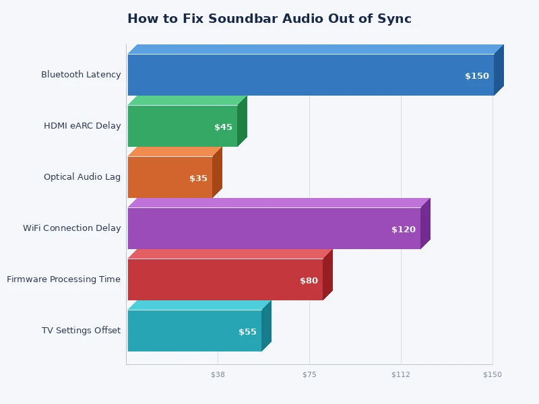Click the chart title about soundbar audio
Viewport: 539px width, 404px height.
269,19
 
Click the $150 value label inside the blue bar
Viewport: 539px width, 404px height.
477,76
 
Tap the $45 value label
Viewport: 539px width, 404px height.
223,127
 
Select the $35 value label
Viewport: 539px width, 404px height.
198,178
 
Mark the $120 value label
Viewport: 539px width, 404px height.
404,230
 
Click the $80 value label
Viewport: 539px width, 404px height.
309,281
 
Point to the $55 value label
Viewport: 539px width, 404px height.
247,332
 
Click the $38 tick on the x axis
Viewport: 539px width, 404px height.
218,374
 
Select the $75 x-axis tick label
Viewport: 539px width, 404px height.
309,374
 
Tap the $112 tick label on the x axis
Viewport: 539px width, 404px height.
401,374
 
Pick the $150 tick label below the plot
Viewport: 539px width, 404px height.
493,374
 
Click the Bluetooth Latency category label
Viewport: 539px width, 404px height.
81,75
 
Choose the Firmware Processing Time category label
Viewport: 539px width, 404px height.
64,279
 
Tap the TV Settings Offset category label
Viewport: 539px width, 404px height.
81,331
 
